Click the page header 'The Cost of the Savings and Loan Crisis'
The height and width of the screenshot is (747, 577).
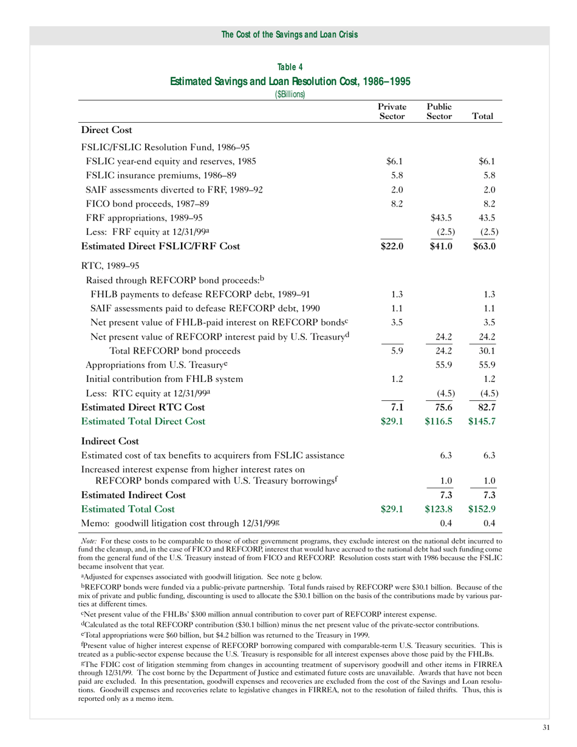point(289,35)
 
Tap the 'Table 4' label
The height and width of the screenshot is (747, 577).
point(290,67)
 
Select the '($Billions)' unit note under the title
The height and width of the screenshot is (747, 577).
point(290,94)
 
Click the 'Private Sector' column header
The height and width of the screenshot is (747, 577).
point(392,110)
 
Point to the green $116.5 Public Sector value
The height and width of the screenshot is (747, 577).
point(439,421)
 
